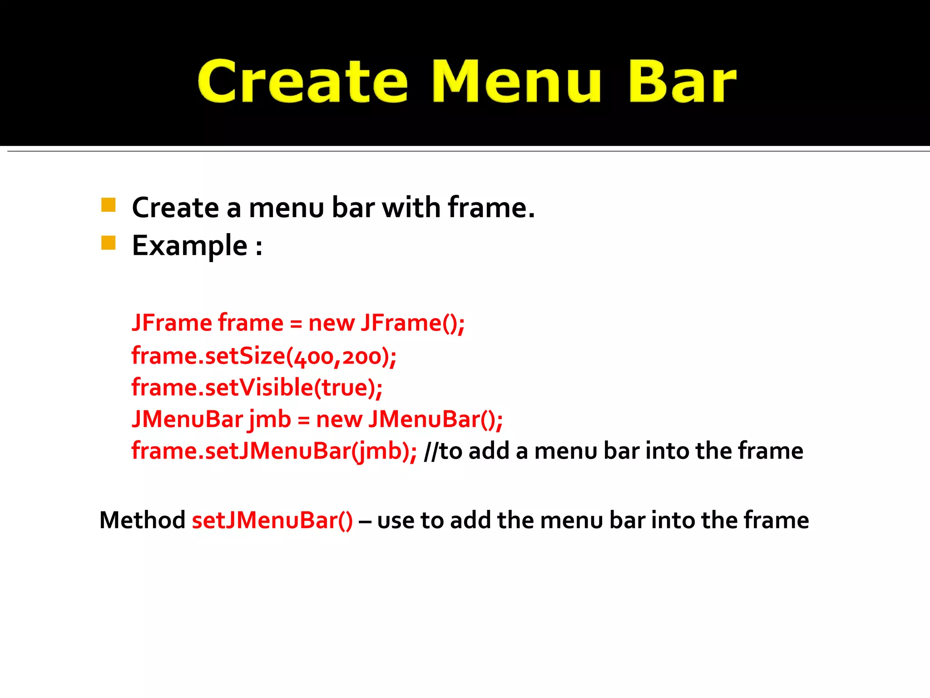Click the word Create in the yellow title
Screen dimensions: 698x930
pos(302,82)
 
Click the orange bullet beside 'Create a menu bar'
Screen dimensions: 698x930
pos(109,205)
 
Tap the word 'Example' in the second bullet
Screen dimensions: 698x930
pos(189,246)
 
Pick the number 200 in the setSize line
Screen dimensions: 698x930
pos(361,357)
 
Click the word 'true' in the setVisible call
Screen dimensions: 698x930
pos(345,388)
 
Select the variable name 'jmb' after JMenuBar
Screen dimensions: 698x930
pos(270,419)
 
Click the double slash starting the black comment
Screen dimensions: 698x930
pos(431,452)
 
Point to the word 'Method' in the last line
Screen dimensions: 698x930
pos(142,520)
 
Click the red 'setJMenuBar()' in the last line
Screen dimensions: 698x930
pos(272,520)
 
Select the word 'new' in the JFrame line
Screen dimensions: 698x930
pos(331,324)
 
